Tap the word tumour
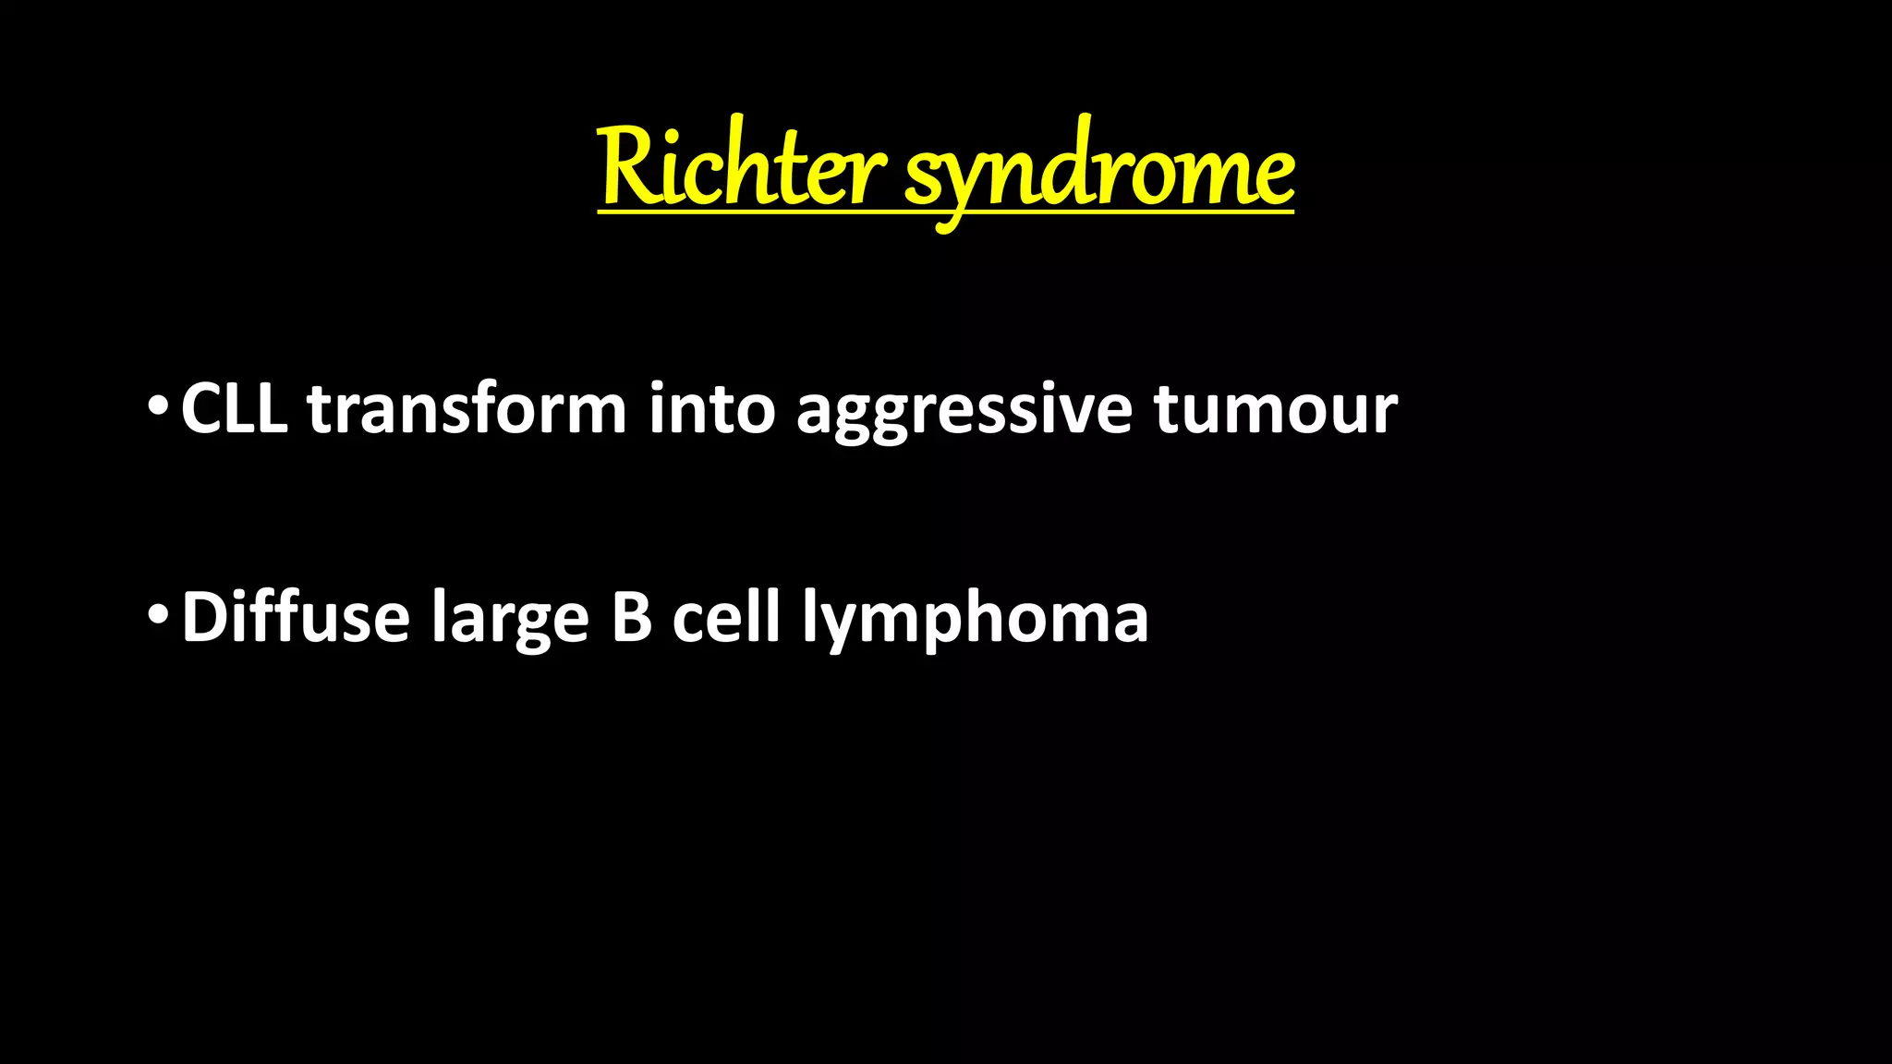pyautogui.click(x=1275, y=409)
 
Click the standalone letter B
pyautogui.click(x=632, y=616)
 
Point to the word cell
pyautogui.click(x=726, y=616)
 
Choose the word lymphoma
pyautogui.click(x=976, y=619)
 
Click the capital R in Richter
pyautogui.click(x=628, y=166)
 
